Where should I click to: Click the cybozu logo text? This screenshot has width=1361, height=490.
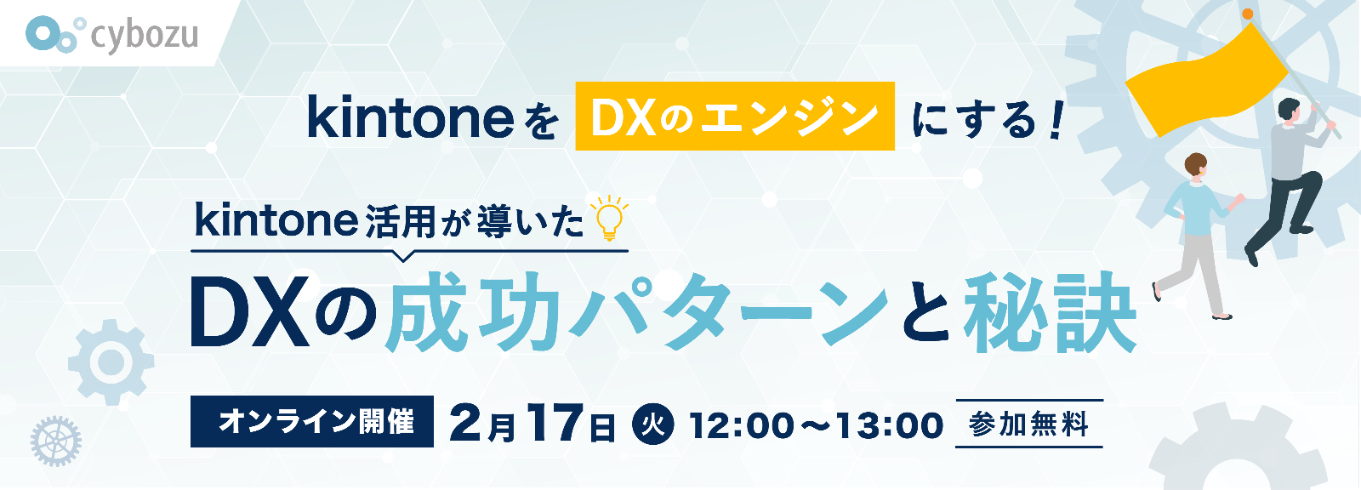144,35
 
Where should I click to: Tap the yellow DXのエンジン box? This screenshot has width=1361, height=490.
735,116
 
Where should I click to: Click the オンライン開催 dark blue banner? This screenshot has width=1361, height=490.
311,421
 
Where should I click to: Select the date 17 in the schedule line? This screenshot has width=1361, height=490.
552,423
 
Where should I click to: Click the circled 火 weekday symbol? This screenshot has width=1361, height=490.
652,424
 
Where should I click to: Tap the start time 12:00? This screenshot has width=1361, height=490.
741,425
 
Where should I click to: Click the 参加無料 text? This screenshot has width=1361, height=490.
1028,424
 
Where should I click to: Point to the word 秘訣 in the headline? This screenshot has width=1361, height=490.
1050,312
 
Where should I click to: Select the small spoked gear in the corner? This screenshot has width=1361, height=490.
56,442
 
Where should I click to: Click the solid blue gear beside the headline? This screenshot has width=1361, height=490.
111,362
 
